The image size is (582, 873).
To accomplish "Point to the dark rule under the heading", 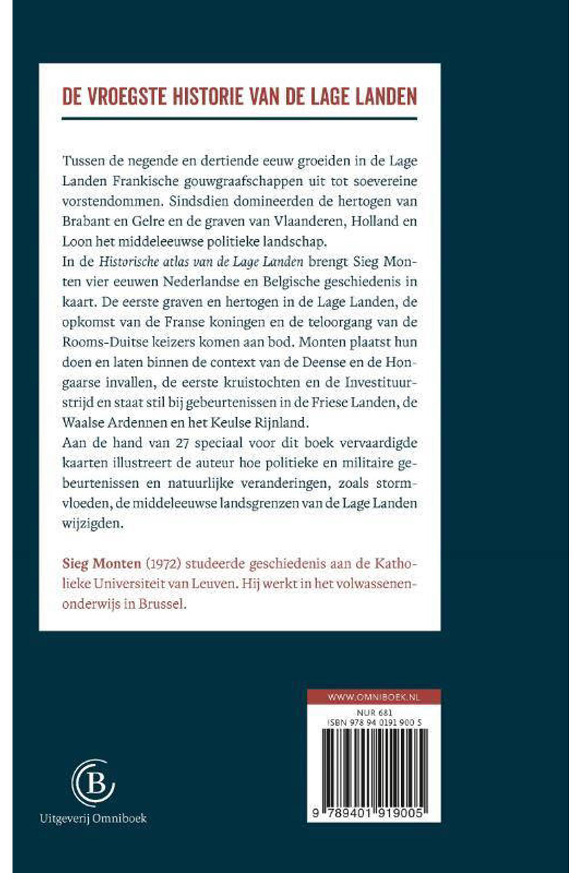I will tap(239, 118).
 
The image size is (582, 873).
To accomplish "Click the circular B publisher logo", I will tap(93, 783).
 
